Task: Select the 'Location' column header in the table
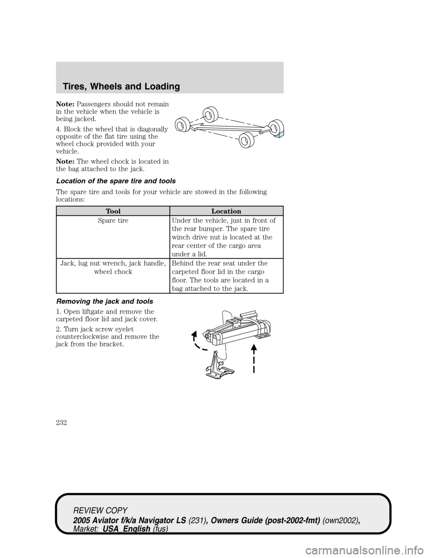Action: pyautogui.click(x=226, y=211)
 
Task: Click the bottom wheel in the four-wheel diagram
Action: pyautogui.click(x=245, y=140)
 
